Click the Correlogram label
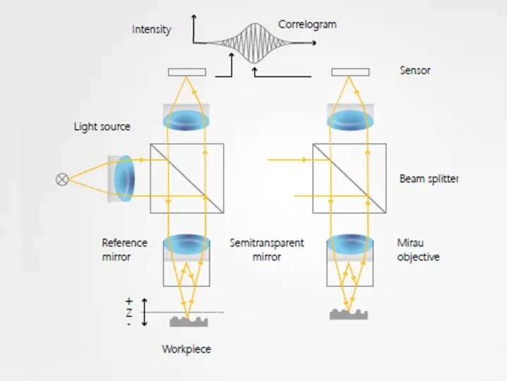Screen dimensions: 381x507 pyautogui.click(x=307, y=25)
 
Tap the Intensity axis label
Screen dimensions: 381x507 pyautogui.click(x=151, y=30)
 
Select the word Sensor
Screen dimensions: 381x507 pyautogui.click(x=415, y=71)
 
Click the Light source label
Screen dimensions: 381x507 pyautogui.click(x=102, y=127)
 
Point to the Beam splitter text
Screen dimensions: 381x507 pyautogui.click(x=429, y=179)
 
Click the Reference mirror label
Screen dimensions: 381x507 pyautogui.click(x=124, y=250)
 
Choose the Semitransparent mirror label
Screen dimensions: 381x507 pyautogui.click(x=267, y=250)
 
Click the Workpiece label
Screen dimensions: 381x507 pyautogui.click(x=186, y=349)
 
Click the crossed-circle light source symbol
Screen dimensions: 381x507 pyautogui.click(x=62, y=179)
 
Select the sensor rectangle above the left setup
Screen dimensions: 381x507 pyautogui.click(x=186, y=72)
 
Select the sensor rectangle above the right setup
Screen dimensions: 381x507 pyautogui.click(x=350, y=72)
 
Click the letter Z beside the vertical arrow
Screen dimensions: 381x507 pyautogui.click(x=129, y=312)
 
